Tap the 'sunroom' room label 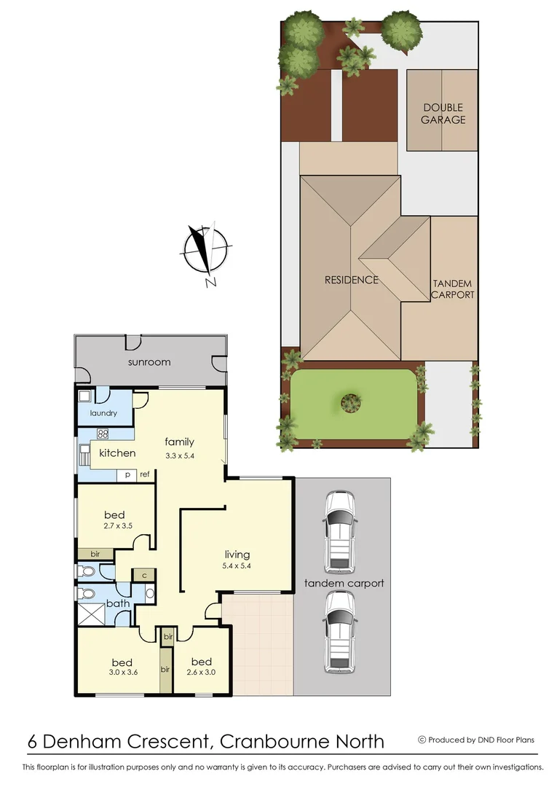149,362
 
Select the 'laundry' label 103,413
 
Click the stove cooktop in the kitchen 103,434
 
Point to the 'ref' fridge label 144,474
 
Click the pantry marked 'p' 127,474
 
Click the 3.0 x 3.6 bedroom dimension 122,673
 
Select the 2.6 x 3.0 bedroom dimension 202,673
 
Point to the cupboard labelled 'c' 144,575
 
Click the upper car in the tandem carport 340,530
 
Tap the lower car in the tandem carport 340,631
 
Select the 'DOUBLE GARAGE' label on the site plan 443,114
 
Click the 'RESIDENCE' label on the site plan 351,280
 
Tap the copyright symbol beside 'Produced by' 422,740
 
